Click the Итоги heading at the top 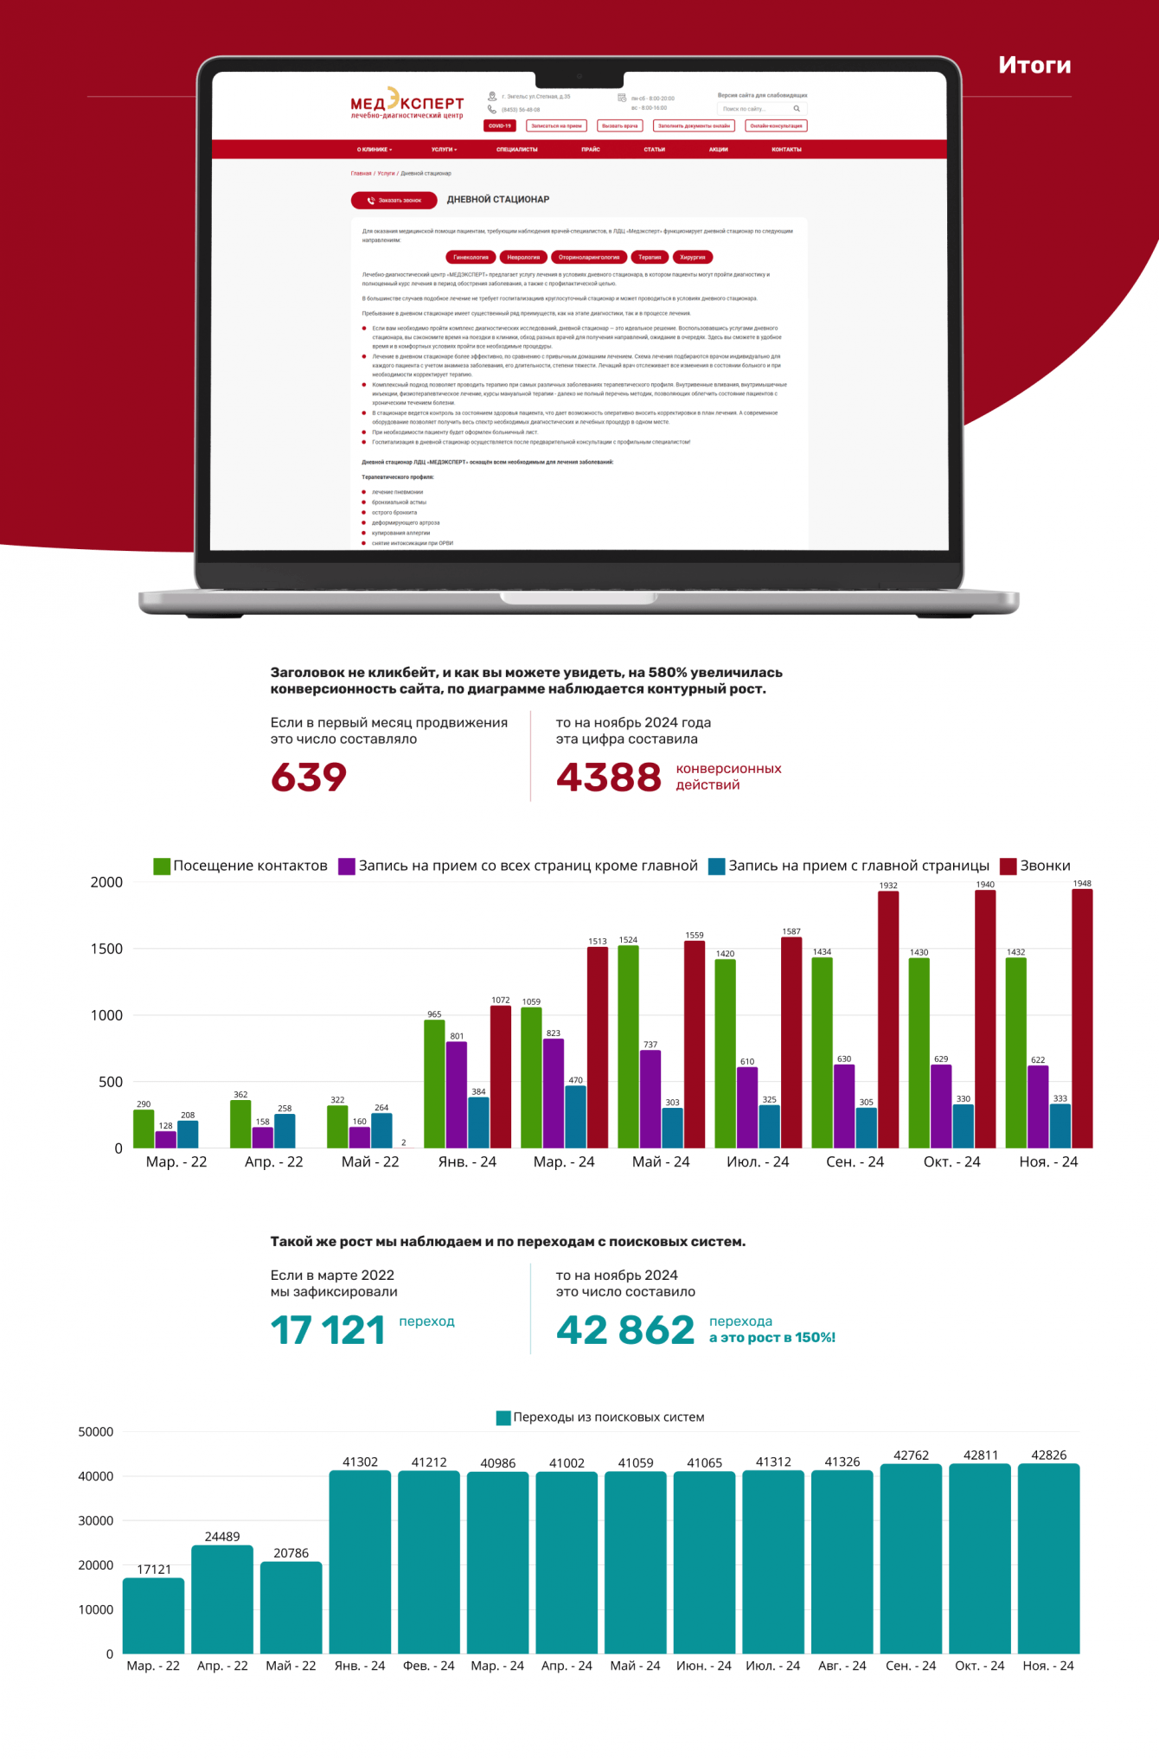pyautogui.click(x=1034, y=66)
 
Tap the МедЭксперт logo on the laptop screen pyautogui.click(x=407, y=104)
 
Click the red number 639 pyautogui.click(x=309, y=777)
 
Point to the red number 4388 pyautogui.click(x=608, y=777)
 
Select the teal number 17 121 pyautogui.click(x=328, y=1330)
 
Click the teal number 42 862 pyautogui.click(x=624, y=1330)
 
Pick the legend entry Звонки pyautogui.click(x=1035, y=866)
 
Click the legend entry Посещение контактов pyautogui.click(x=240, y=866)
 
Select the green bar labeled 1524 pyautogui.click(x=628, y=1046)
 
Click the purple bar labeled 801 pyautogui.click(x=457, y=1095)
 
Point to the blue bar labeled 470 pyautogui.click(x=575, y=1116)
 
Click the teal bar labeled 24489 pyautogui.click(x=222, y=1599)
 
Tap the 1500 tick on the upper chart pyautogui.click(x=106, y=949)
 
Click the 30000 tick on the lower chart pyautogui.click(x=96, y=1520)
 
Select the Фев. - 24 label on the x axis pyautogui.click(x=428, y=1666)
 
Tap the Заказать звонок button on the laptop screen pyautogui.click(x=394, y=201)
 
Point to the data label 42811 pyautogui.click(x=980, y=1455)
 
